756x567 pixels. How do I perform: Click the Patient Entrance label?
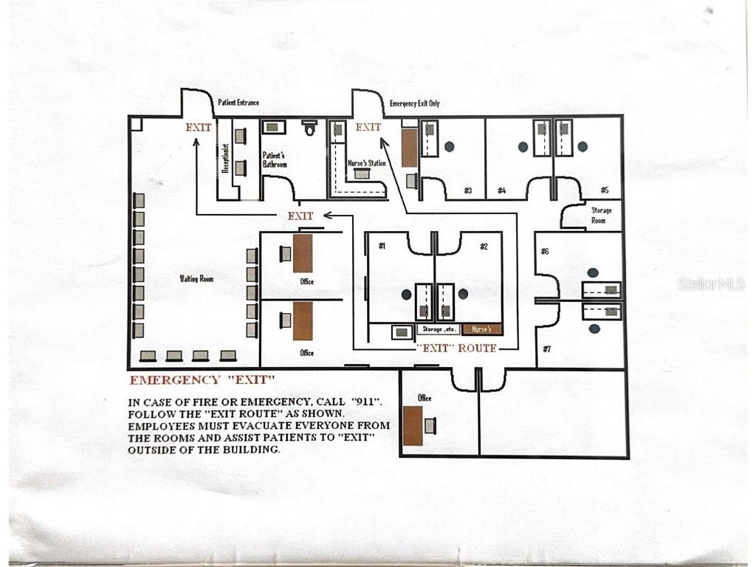(x=238, y=103)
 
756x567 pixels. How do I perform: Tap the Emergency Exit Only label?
(x=415, y=103)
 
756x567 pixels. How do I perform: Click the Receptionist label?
(x=225, y=158)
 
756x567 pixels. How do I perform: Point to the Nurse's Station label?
(x=367, y=163)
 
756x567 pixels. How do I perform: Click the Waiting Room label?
(x=196, y=278)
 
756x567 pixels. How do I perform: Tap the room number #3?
(x=467, y=190)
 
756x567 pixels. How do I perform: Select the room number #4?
(x=502, y=190)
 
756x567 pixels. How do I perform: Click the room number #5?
(x=604, y=190)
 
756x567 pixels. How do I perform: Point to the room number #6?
(x=545, y=251)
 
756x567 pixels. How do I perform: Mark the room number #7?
(x=546, y=348)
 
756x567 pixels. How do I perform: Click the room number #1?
(x=382, y=247)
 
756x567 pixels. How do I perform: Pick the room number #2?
(x=484, y=247)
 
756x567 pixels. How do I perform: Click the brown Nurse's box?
(x=482, y=330)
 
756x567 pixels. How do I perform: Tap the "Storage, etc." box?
(x=439, y=330)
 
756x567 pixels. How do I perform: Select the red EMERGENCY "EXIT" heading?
(x=202, y=380)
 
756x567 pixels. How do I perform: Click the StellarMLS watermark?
(x=711, y=284)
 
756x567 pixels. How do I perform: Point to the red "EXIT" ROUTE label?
(x=456, y=348)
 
